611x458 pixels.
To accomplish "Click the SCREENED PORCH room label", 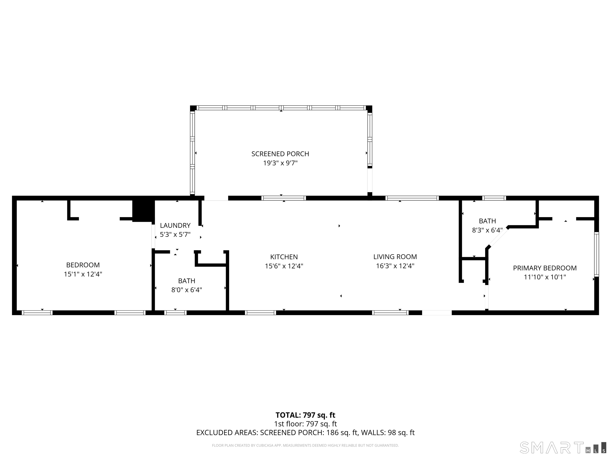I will [x=280, y=154].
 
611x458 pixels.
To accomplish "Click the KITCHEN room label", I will [x=284, y=257].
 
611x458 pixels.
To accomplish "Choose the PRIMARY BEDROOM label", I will [x=545, y=268].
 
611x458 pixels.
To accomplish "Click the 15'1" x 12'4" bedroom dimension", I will [x=83, y=274].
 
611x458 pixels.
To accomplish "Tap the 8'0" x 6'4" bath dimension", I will [x=187, y=290].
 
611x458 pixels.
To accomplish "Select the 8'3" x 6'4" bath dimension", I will [x=487, y=230].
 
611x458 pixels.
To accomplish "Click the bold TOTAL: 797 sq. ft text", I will [x=305, y=415].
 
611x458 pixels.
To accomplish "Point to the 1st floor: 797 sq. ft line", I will [x=305, y=424].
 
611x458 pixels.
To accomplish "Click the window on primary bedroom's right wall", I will [x=596, y=254].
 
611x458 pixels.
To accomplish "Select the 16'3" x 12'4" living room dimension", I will [x=395, y=266].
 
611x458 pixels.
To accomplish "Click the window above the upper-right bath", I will [x=494, y=198].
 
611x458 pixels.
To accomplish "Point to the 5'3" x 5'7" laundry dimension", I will [x=175, y=235].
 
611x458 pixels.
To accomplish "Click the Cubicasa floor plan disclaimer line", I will [x=305, y=438].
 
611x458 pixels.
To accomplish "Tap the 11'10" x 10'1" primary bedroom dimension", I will [x=545, y=277].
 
